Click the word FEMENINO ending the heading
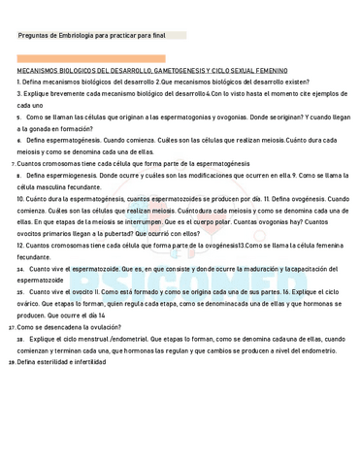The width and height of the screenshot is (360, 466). tap(270, 71)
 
